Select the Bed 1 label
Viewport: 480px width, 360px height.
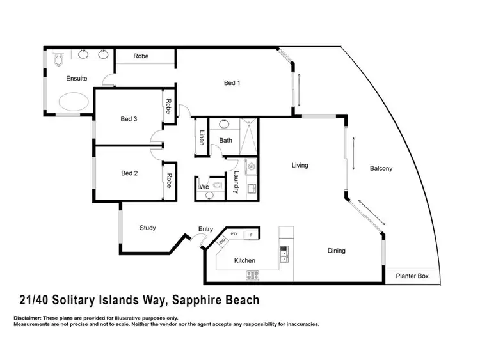tap(232, 82)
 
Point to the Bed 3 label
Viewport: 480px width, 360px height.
tap(129, 119)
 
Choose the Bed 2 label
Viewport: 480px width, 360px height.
tap(129, 173)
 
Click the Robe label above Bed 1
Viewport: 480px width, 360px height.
tap(141, 56)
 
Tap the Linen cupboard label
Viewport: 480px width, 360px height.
tap(201, 138)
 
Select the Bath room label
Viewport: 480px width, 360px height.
tap(225, 140)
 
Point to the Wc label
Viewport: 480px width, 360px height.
tap(205, 187)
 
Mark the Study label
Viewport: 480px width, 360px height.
tap(148, 228)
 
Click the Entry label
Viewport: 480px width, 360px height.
tap(205, 229)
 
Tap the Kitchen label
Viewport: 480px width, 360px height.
tap(244, 260)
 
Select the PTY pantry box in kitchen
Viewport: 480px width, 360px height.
tap(234, 234)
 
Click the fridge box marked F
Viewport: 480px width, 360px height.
tap(252, 235)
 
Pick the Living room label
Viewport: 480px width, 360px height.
tap(300, 165)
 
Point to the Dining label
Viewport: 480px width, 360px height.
tap(337, 251)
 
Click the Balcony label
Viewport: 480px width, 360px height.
tap(381, 169)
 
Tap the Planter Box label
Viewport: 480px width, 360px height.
tap(416, 277)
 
